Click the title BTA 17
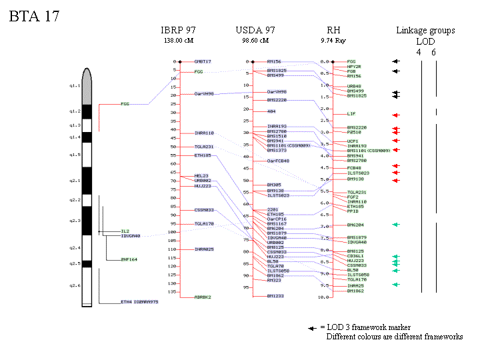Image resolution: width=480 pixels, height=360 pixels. (35, 17)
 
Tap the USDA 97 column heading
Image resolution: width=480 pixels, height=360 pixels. (255, 31)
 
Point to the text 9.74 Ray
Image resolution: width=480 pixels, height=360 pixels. (333, 41)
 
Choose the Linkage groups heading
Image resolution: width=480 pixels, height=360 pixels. (425, 31)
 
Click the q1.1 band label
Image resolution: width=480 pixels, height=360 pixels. (74, 86)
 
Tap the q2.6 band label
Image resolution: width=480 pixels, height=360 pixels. (74, 286)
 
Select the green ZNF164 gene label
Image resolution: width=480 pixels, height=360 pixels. (129, 259)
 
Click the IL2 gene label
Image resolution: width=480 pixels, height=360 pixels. (125, 231)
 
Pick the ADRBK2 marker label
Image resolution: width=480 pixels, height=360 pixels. (203, 297)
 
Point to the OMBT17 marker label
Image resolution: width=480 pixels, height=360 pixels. (203, 61)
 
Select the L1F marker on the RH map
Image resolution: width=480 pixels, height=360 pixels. (351, 114)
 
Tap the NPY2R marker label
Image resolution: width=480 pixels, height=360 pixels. (354, 67)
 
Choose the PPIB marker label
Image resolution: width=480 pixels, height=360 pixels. (353, 211)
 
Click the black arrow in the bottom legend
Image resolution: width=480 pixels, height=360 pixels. (312, 328)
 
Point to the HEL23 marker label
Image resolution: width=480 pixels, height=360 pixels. (201, 176)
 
